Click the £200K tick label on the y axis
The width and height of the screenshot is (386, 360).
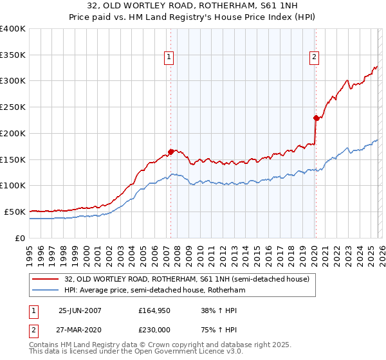click(x=13, y=133)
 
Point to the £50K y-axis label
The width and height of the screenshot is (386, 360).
click(x=15, y=212)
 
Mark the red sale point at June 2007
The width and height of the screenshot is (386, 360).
click(x=171, y=152)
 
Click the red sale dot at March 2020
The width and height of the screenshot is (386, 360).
click(x=316, y=118)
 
